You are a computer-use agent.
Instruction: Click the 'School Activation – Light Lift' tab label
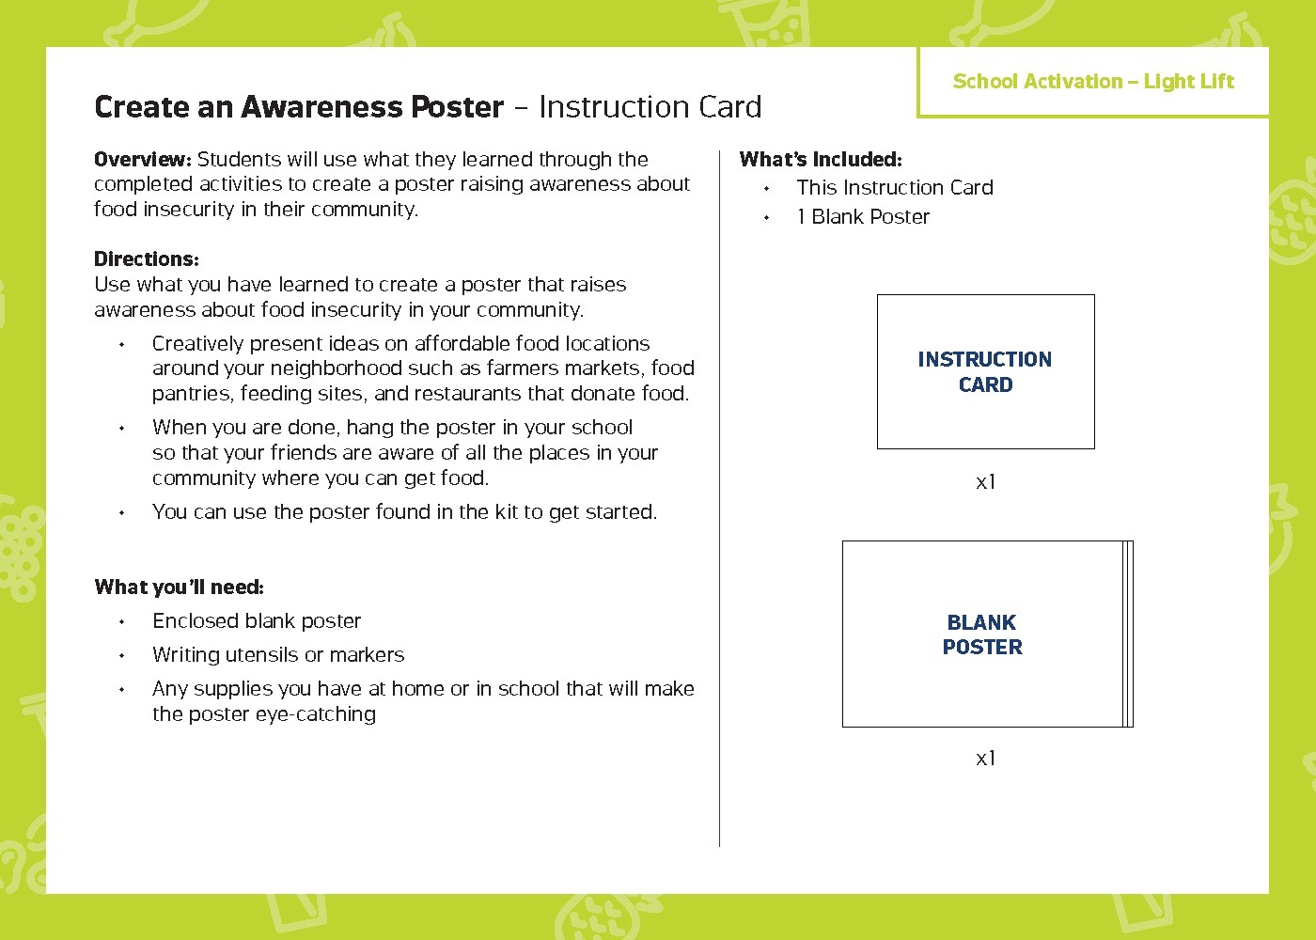pyautogui.click(x=1092, y=82)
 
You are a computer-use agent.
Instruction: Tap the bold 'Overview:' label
pyautogui.click(x=142, y=160)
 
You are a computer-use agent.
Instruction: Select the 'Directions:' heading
pyautogui.click(x=146, y=259)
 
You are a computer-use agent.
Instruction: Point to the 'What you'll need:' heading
pyautogui.click(x=179, y=587)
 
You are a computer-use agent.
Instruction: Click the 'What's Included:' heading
pyautogui.click(x=820, y=160)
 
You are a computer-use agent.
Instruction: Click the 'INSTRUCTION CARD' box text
pyautogui.click(x=984, y=372)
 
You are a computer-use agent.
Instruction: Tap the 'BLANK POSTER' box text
pyautogui.click(x=982, y=634)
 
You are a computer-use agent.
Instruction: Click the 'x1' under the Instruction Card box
pyautogui.click(x=985, y=482)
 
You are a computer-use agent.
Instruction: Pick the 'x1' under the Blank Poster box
pyautogui.click(x=985, y=759)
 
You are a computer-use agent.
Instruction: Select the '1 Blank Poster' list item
pyautogui.click(x=863, y=217)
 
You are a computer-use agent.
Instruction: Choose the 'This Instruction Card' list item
pyautogui.click(x=894, y=188)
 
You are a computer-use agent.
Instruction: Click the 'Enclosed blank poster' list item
pyautogui.click(x=256, y=621)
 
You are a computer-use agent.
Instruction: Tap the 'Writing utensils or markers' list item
pyautogui.click(x=277, y=655)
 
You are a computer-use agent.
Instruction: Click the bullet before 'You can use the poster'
pyautogui.click(x=122, y=513)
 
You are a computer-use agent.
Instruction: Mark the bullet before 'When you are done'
pyautogui.click(x=122, y=429)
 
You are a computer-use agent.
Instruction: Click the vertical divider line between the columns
pyautogui.click(x=720, y=498)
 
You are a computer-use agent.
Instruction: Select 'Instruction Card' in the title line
pyautogui.click(x=650, y=107)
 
